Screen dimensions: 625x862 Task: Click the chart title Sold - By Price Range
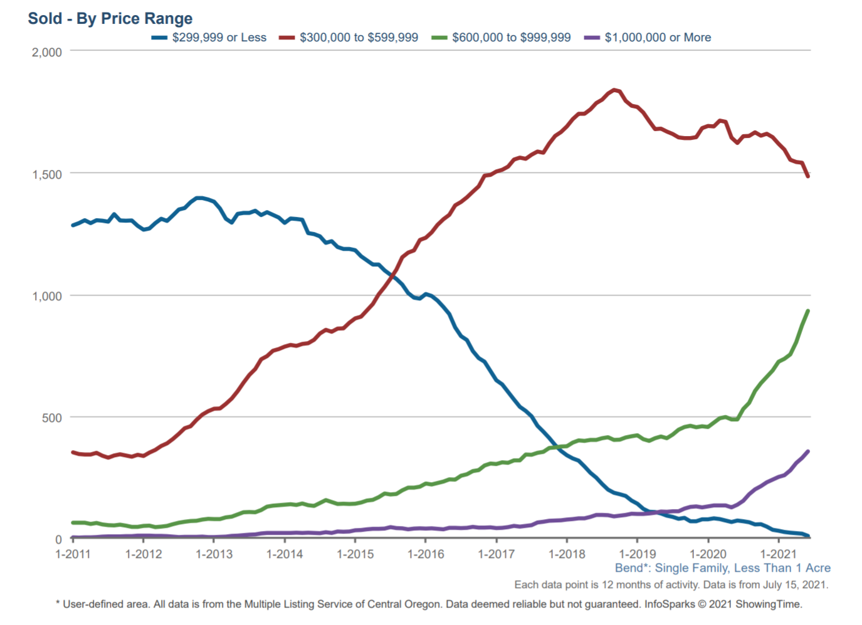tap(110, 18)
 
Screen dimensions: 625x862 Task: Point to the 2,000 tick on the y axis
tap(47, 52)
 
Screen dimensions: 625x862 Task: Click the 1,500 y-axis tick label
tap(47, 174)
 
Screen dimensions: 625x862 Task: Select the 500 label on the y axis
tap(52, 418)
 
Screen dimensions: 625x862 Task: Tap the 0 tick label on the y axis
tap(58, 539)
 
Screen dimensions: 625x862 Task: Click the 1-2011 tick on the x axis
tap(73, 554)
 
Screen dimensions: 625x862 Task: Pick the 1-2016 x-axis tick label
tap(426, 554)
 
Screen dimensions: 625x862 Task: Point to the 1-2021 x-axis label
tap(778, 554)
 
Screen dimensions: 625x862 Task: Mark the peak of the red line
tap(614, 90)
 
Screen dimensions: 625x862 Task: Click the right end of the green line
tap(808, 311)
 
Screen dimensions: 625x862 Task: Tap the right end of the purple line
tap(808, 451)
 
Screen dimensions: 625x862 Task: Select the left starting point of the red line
tap(73, 452)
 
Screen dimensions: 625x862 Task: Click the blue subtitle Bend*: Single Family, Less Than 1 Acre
tap(722, 568)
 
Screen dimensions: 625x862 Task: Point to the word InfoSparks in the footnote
tap(670, 604)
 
